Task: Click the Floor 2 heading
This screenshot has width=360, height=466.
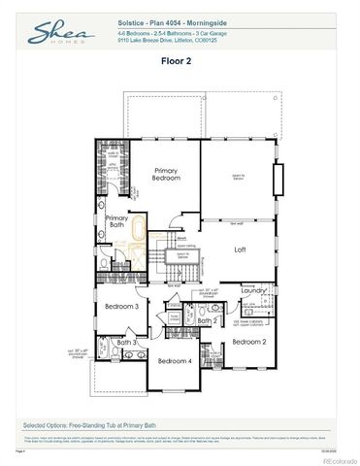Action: tap(180, 60)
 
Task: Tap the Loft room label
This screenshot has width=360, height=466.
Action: tap(241, 250)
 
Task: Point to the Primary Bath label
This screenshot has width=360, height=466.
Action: tap(116, 221)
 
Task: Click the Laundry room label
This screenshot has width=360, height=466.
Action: tap(254, 289)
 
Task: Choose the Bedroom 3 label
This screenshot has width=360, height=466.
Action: tap(123, 307)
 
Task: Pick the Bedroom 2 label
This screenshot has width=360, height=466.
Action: tap(249, 341)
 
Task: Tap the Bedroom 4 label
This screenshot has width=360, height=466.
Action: tap(175, 361)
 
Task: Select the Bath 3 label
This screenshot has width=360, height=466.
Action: tap(127, 342)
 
